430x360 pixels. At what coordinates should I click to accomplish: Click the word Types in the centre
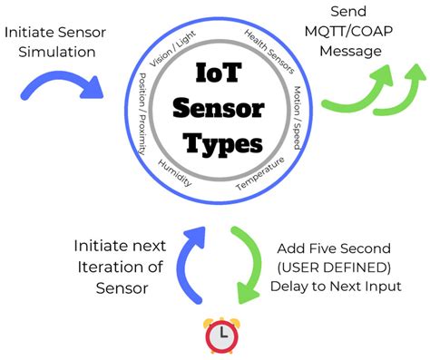click(220, 142)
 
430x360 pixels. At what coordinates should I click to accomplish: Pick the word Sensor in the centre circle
click(221, 110)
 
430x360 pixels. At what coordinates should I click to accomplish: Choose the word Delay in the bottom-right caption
click(291, 287)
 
